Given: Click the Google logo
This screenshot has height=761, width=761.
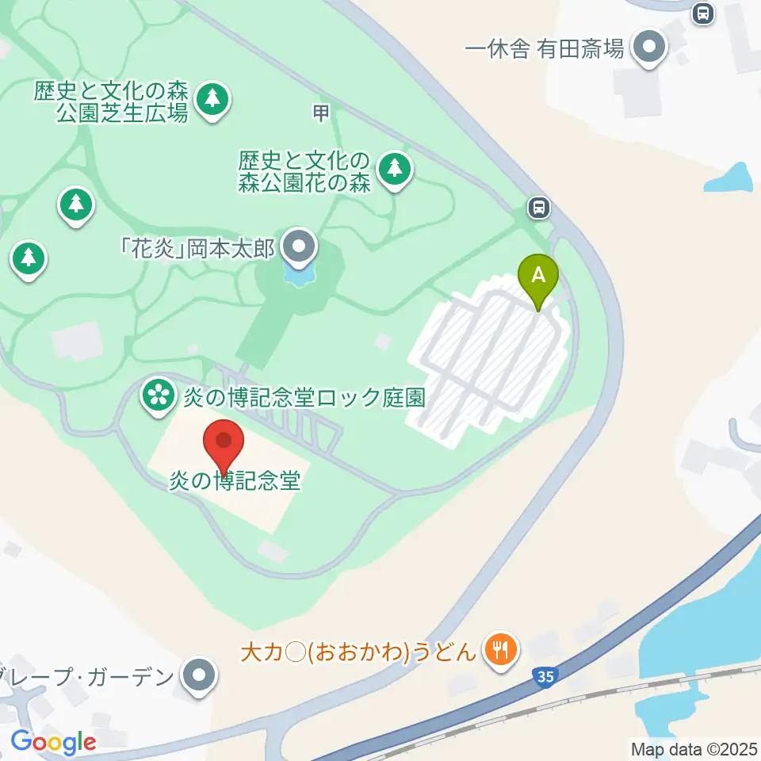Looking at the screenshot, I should coord(53,742).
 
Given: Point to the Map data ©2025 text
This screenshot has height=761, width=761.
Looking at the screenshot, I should coord(693,748).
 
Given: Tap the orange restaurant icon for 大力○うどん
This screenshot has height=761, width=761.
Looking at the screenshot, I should coord(500,651).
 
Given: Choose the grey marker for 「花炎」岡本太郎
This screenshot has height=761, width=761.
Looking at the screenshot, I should coord(299,247).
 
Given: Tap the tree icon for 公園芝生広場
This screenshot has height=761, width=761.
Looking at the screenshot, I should coord(212,99).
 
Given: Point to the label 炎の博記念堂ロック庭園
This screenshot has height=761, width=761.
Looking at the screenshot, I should coord(305,396).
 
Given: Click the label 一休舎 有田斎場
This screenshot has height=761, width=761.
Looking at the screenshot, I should coord(545,50).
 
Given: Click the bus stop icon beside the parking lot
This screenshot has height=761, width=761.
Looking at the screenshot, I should coord(539,208).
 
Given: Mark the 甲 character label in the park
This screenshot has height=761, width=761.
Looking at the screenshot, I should coord(320,114).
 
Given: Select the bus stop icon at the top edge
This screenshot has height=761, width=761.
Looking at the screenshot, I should coord(702,12).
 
